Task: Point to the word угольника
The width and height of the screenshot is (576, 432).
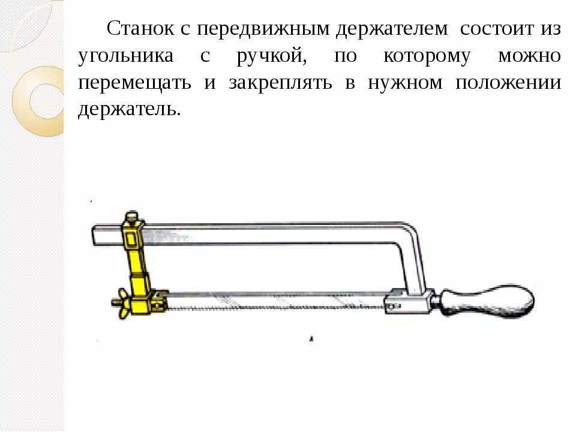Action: point(126,56)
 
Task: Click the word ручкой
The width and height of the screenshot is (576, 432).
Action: point(268,56)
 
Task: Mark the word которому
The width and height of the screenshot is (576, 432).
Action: point(427,56)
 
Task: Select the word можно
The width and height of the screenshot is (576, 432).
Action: point(529,56)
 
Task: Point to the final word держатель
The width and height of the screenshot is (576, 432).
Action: point(128,110)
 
